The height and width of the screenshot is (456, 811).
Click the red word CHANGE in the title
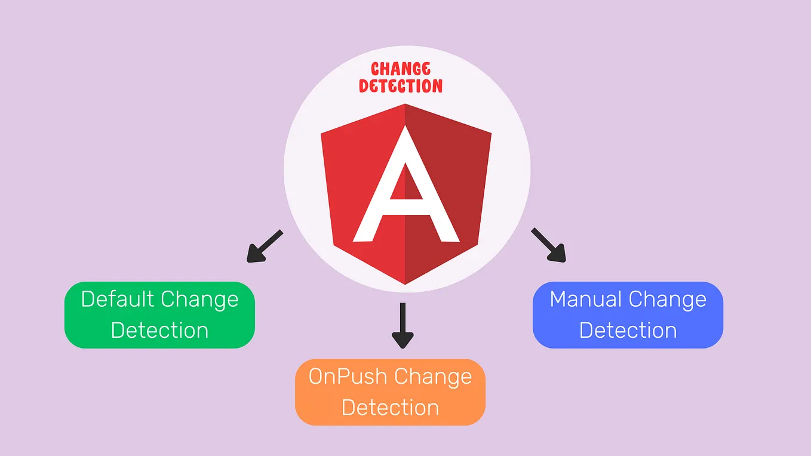tap(401, 69)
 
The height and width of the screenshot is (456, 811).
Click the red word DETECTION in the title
tap(401, 86)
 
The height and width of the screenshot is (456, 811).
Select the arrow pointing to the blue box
tap(548, 245)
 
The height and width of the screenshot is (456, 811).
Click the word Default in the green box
tap(118, 299)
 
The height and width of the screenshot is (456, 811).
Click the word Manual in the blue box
tap(586, 299)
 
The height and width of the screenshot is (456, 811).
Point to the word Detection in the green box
tap(159, 330)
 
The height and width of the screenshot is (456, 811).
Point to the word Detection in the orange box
tap(391, 408)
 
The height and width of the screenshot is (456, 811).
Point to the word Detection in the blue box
tap(628, 330)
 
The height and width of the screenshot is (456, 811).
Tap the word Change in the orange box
tap(433, 377)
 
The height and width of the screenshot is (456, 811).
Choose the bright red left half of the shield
tap(346, 179)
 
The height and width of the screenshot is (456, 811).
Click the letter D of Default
tap(88, 299)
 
